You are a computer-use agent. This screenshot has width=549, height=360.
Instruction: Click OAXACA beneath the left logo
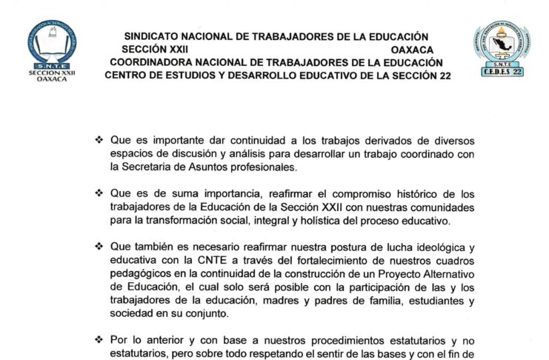click(x=51, y=81)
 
